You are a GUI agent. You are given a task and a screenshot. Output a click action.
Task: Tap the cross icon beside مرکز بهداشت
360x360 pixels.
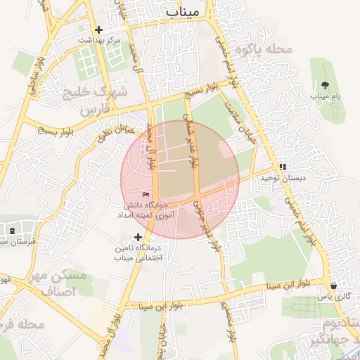point(99,30)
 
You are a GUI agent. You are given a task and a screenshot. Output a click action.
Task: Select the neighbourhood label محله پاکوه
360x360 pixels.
point(264,49)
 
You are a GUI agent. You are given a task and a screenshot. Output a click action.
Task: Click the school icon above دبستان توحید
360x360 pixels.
point(283,167)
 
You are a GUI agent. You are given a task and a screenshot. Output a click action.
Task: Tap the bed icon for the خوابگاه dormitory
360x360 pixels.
point(146,194)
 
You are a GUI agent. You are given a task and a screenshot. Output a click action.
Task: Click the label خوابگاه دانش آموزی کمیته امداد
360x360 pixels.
point(145,209)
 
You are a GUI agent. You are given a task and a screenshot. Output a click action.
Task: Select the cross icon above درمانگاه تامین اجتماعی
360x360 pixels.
point(138,237)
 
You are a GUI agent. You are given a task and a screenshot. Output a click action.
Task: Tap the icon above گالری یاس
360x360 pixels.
point(333,286)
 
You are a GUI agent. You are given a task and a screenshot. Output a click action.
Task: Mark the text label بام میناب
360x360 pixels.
point(325,95)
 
